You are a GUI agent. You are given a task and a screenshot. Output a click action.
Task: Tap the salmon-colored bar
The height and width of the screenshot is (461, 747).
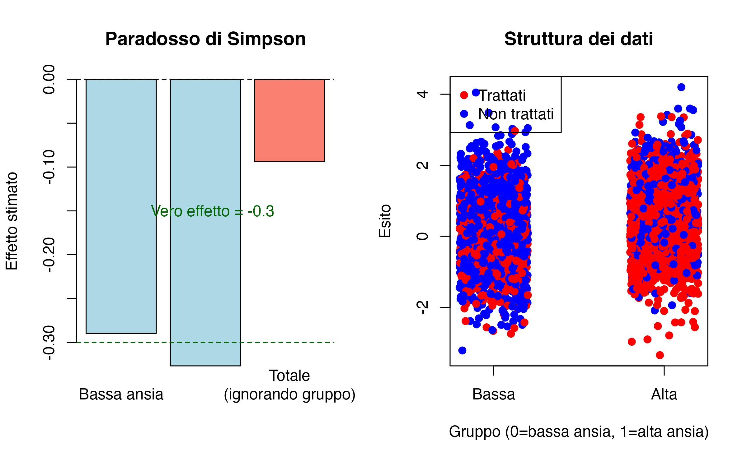pyautogui.click(x=289, y=120)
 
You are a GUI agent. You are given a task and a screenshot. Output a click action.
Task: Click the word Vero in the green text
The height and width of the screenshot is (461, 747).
pyautogui.click(x=167, y=211)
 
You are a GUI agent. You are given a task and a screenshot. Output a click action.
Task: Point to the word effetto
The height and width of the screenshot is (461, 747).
pyautogui.click(x=208, y=211)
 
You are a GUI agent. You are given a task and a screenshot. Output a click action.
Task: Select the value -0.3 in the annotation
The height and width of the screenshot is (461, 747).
pyautogui.click(x=261, y=211)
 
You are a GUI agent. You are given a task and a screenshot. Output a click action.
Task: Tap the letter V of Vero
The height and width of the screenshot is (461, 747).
pyautogui.click(x=155, y=211)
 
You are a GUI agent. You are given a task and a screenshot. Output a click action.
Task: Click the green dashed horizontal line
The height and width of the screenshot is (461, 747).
pyautogui.click(x=280, y=342)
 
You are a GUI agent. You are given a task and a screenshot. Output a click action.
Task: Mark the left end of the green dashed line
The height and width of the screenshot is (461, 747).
pyautogui.click(x=77, y=342)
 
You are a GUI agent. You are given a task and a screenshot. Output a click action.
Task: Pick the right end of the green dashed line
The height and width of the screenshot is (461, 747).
pyautogui.click(x=334, y=342)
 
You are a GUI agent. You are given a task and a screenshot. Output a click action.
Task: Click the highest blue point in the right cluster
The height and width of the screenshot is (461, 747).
pyautogui.click(x=681, y=87)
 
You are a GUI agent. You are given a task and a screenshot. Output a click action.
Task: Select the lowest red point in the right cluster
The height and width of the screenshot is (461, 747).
pyautogui.click(x=660, y=355)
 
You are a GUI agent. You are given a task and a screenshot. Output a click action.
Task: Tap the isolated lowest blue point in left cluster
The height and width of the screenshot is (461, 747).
pyautogui.click(x=462, y=350)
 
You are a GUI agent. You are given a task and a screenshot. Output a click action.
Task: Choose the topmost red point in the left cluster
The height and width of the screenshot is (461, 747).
pyautogui.click(x=464, y=95)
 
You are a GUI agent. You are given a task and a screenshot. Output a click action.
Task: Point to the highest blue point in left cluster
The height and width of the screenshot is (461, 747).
pyautogui.click(x=476, y=92)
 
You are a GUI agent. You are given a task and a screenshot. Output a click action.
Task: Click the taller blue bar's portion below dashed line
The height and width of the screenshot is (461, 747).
pyautogui.click(x=205, y=354)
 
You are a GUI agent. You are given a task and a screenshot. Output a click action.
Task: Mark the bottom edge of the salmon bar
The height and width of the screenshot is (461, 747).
pyautogui.click(x=289, y=161)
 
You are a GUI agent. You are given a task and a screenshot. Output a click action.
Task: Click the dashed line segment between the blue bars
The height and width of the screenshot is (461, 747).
pyautogui.click(x=163, y=342)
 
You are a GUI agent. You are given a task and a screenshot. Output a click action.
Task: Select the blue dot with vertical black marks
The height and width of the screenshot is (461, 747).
pyautogui.click(x=489, y=113)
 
